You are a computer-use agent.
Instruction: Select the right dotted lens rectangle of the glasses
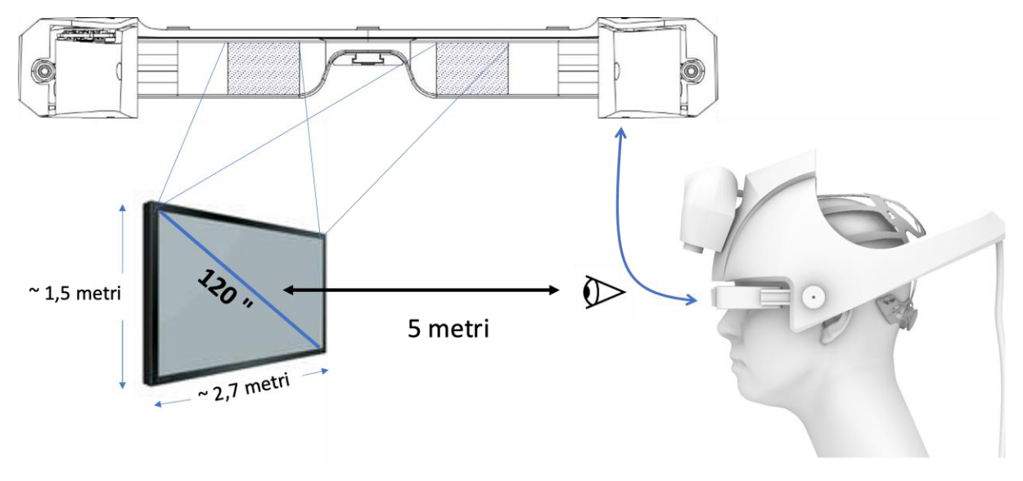(x=472, y=68)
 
